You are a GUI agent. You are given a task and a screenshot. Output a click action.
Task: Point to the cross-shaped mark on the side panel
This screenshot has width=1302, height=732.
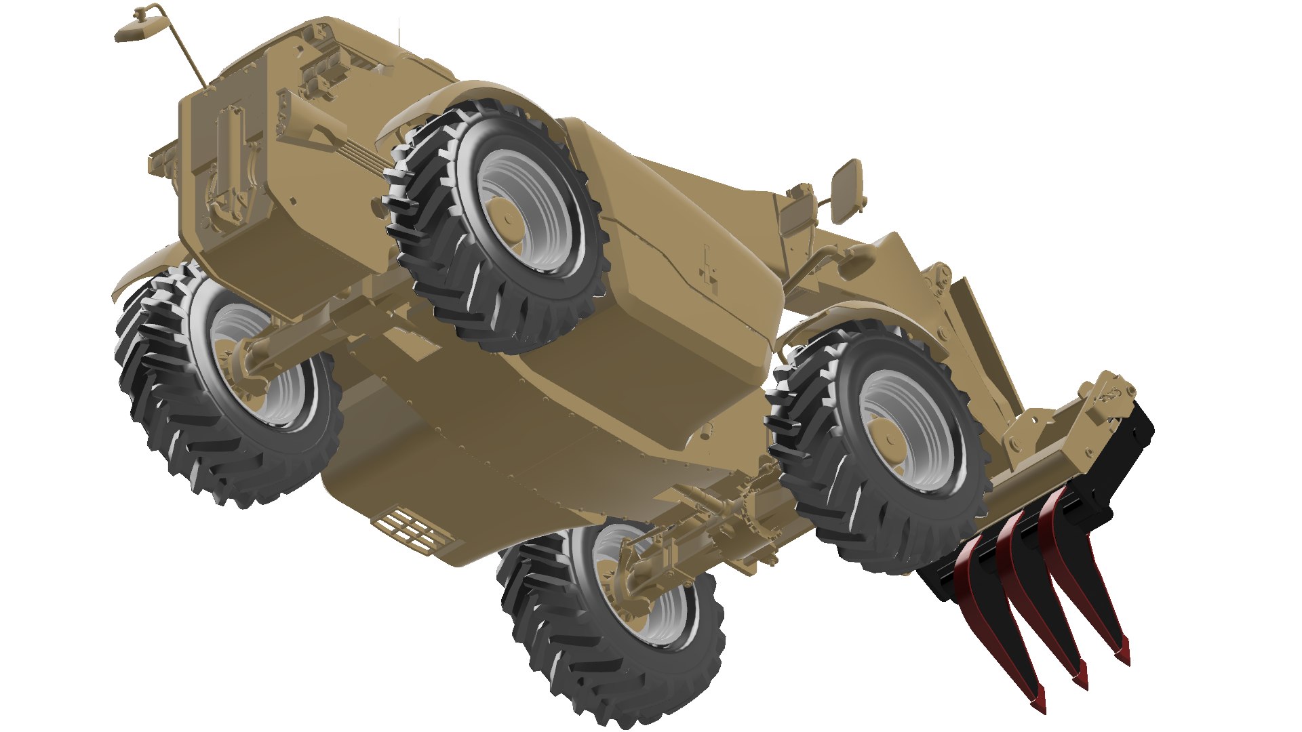point(709,275)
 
